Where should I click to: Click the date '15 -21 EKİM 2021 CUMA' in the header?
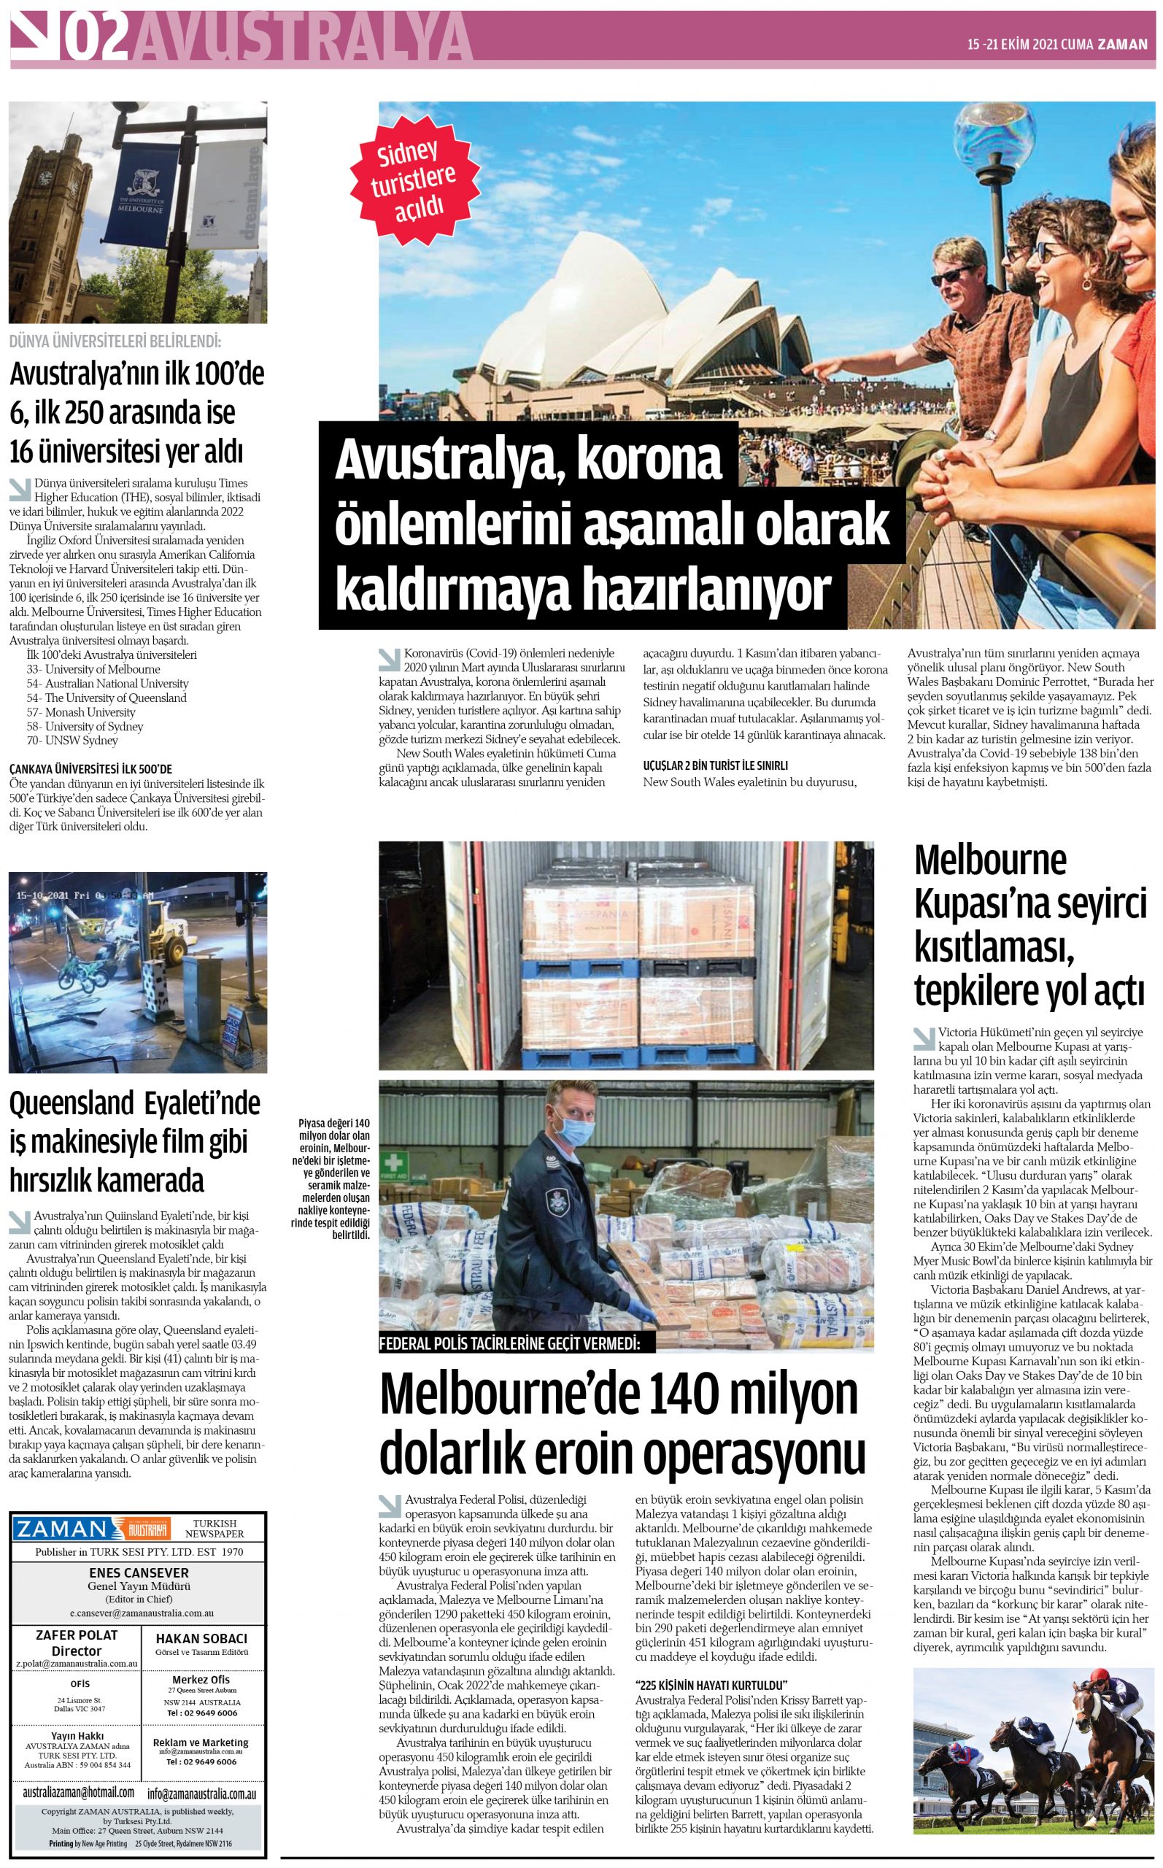coord(1030,45)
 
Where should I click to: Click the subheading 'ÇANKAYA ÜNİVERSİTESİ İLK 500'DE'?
coord(90,768)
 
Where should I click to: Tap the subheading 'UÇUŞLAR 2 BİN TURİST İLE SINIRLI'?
coord(715,766)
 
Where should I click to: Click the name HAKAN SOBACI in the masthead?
coord(204,1639)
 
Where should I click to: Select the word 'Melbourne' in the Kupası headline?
coord(990,860)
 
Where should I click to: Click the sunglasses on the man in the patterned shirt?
coord(955,274)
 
